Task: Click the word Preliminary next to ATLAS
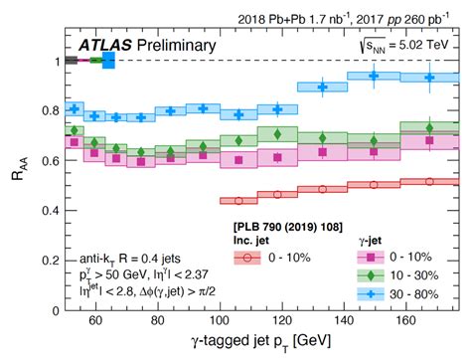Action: [x=178, y=46]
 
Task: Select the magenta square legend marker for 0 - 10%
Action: [x=365, y=257]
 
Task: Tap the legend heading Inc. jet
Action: [x=257, y=240]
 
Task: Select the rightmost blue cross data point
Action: [x=429, y=77]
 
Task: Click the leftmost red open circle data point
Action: [x=237, y=200]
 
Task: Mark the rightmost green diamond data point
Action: [x=429, y=127]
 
